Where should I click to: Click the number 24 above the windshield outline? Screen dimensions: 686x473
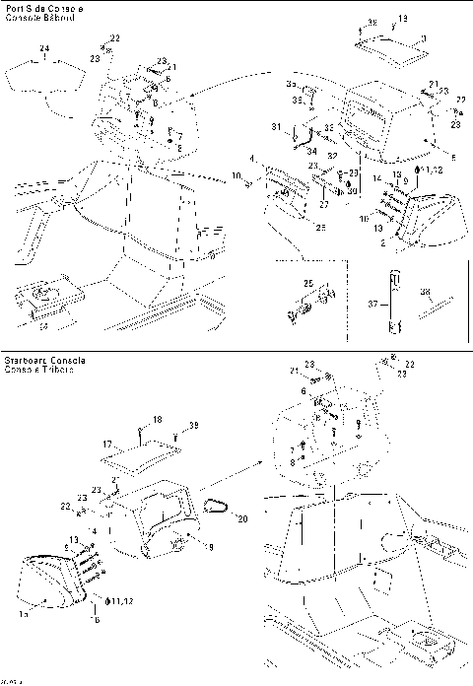point(43,48)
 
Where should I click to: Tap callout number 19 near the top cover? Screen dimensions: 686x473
point(402,19)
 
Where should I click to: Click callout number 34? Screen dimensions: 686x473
point(310,151)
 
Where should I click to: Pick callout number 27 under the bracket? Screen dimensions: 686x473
point(322,204)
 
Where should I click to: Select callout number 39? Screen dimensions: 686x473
point(193,426)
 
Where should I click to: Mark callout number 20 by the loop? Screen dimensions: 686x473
point(243,516)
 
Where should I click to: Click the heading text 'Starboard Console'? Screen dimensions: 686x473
point(44,361)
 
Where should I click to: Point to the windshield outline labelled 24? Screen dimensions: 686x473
point(44,79)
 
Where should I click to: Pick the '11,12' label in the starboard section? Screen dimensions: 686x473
point(122,599)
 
